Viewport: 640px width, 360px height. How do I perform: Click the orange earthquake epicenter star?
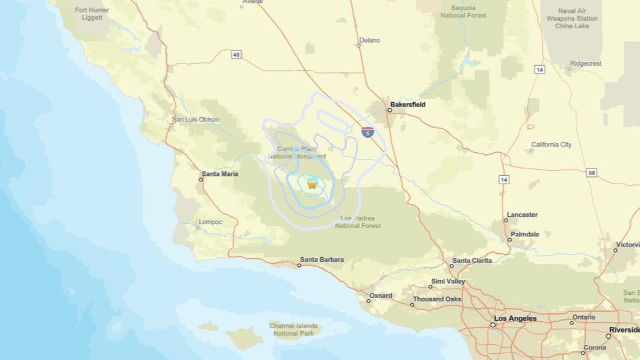(x=312, y=184)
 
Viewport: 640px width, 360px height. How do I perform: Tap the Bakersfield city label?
(x=408, y=104)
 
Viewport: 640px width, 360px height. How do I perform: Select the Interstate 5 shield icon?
(x=368, y=133)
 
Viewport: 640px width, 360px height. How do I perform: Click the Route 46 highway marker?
(x=236, y=54)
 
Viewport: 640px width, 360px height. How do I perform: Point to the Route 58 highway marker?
(x=592, y=173)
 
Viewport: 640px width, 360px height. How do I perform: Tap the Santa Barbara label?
(x=322, y=259)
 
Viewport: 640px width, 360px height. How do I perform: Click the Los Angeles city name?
(x=515, y=318)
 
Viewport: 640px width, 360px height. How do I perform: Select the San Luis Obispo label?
(x=195, y=120)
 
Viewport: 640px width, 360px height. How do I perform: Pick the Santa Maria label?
(x=220, y=174)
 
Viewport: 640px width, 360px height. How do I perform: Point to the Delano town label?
(x=369, y=40)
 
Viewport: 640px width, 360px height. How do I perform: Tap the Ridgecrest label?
(x=586, y=63)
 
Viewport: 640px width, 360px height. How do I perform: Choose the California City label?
(x=551, y=145)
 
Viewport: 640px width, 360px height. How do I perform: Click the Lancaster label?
(x=522, y=215)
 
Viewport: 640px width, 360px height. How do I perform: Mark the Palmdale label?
(x=525, y=234)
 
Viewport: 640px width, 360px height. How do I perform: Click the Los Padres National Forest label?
(x=358, y=222)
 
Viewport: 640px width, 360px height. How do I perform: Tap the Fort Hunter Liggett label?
(x=92, y=14)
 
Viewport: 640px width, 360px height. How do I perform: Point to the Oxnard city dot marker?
(x=369, y=301)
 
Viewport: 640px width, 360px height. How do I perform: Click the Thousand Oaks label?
(x=437, y=299)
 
